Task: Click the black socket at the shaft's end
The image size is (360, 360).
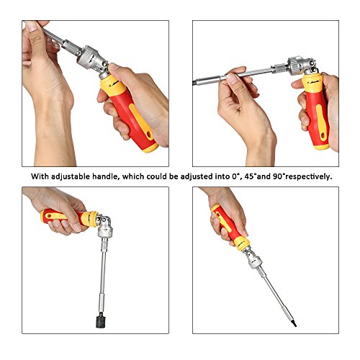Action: [x=102, y=322]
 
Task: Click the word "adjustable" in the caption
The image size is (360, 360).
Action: [x=71, y=176]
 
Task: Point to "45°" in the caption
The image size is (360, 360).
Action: [x=251, y=176]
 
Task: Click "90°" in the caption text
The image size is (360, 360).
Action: [x=279, y=176]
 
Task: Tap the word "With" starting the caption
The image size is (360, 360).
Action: [x=40, y=176]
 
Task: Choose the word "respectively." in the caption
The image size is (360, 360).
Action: [x=309, y=176]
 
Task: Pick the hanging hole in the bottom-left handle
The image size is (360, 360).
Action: [x=49, y=215]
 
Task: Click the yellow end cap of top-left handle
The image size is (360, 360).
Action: [x=150, y=148]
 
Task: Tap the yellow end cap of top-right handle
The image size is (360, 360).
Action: [x=323, y=147]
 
